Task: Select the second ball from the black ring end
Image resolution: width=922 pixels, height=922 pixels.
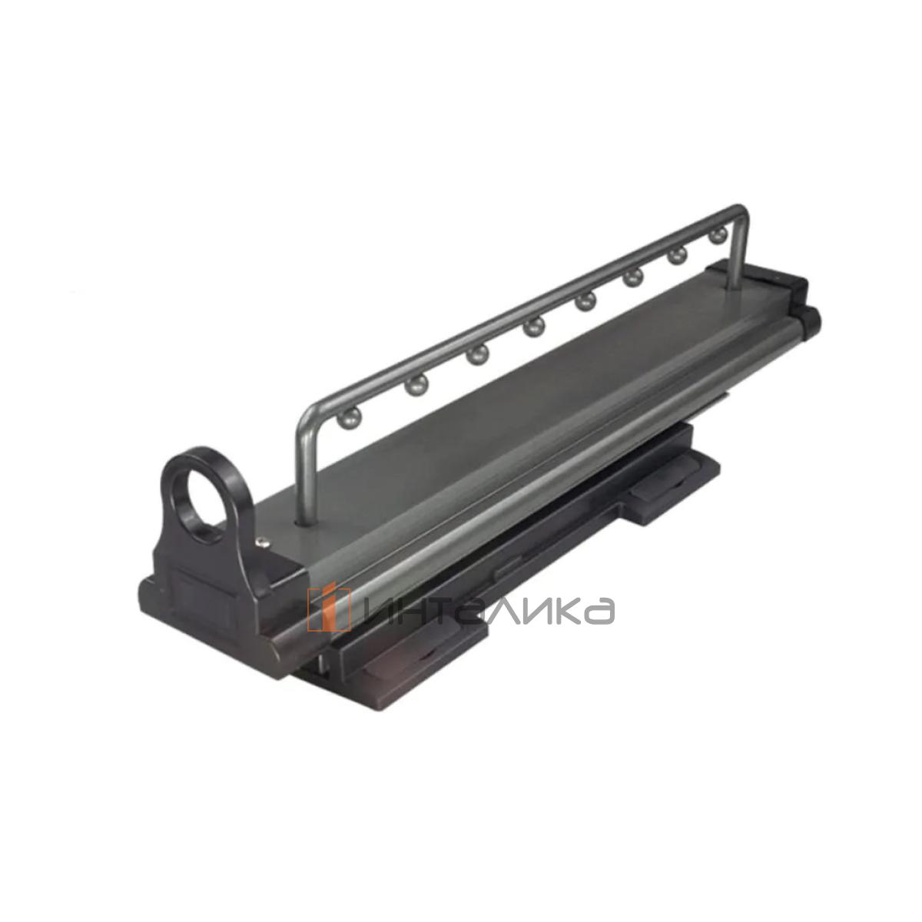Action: [x=416, y=384]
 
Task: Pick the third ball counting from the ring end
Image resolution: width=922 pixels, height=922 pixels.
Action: [x=477, y=355]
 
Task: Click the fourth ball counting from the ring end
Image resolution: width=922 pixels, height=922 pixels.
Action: [x=534, y=327]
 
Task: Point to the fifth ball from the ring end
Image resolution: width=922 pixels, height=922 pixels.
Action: [x=586, y=301]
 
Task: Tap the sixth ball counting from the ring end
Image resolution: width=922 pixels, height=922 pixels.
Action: [x=633, y=277]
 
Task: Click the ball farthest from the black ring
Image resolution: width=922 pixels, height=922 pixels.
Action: [x=718, y=235]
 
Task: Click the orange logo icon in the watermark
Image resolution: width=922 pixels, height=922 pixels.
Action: [x=329, y=608]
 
